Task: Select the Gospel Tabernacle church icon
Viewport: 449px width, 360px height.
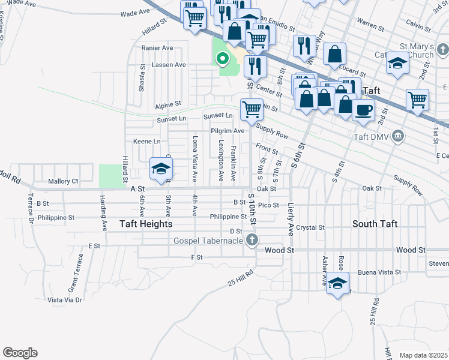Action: [252, 241]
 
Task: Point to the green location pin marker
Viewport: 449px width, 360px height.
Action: [222, 59]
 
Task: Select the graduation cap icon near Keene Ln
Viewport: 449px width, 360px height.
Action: [160, 168]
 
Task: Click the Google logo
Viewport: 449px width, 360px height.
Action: [20, 353]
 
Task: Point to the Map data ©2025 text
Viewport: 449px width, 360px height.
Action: [423, 355]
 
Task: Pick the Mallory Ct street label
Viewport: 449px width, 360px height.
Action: [63, 181]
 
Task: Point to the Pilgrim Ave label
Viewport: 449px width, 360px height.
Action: [228, 130]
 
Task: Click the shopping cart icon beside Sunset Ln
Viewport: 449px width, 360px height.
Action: [252, 110]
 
